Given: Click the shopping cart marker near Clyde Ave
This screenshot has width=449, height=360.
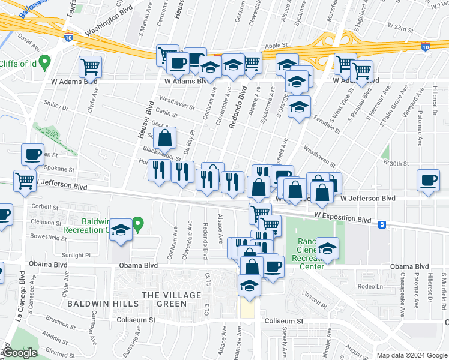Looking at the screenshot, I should click(90, 66).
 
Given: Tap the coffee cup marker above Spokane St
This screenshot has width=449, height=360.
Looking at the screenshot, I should click(33, 154).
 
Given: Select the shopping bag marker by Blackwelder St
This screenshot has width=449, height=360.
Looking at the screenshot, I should click(164, 138).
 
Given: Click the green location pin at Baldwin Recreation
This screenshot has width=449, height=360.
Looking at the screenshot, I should click(138, 225).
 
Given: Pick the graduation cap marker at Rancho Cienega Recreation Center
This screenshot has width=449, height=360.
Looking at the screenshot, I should click(327, 248).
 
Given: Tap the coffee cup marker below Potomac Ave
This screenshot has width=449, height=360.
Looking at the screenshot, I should click(429, 181).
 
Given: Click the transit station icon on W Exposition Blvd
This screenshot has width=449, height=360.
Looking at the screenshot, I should click(382, 224).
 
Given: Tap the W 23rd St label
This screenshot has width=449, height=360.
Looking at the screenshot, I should click(402, 27).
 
